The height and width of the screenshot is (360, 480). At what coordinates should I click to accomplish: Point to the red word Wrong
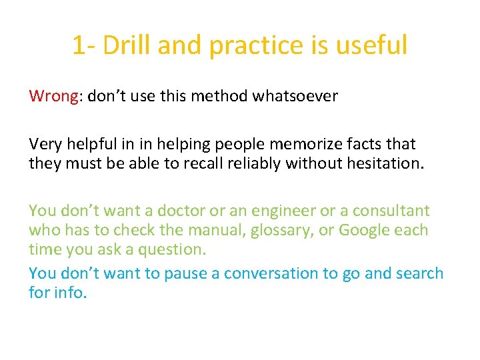coord(54,97)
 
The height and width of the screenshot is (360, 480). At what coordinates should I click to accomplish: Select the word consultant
coord(391,211)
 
